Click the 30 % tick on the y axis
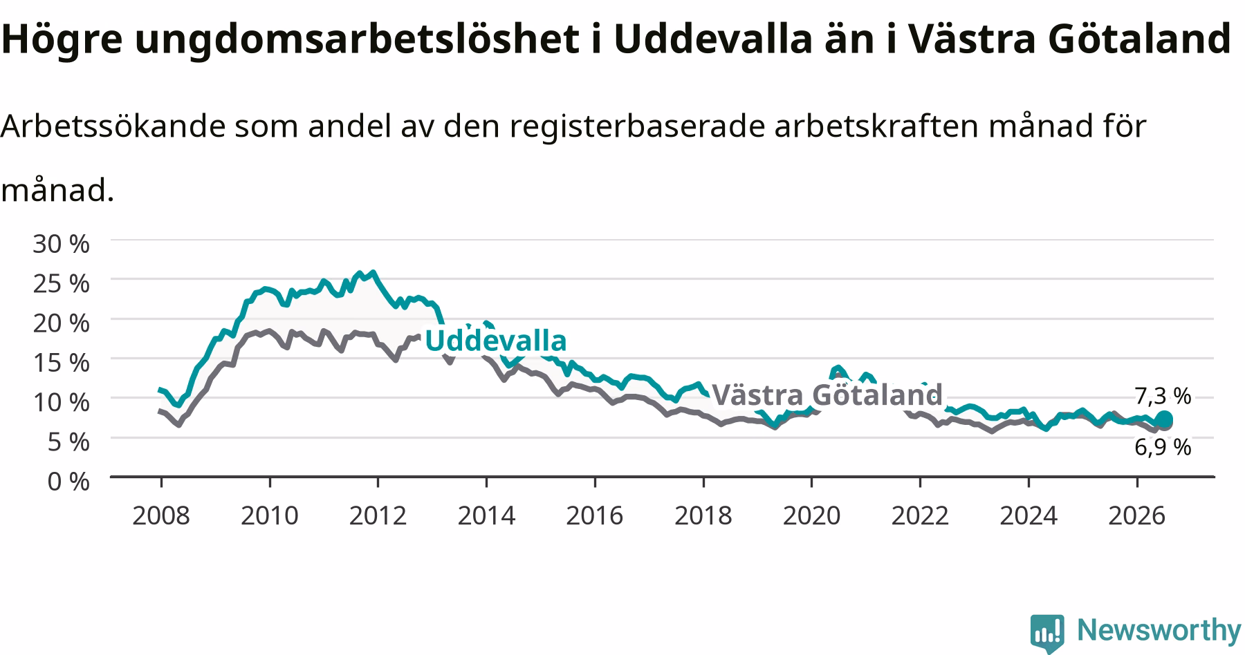pyautogui.click(x=61, y=244)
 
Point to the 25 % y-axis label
pyautogui.click(x=61, y=283)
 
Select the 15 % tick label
pyautogui.click(x=61, y=362)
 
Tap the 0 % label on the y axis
pyautogui.click(x=68, y=481)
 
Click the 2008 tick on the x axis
pyautogui.click(x=160, y=515)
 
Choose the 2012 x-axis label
pyautogui.click(x=378, y=515)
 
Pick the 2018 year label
pyautogui.click(x=703, y=515)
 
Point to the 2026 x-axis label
pyautogui.click(x=1137, y=515)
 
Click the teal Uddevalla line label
pyautogui.click(x=495, y=341)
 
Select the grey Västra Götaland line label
pyautogui.click(x=827, y=395)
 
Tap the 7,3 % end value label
pyautogui.click(x=1163, y=396)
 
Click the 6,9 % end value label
pyautogui.click(x=1163, y=448)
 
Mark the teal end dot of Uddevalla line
pyautogui.click(x=1164, y=419)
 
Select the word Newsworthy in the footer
pyautogui.click(x=1159, y=630)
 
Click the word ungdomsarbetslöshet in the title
pyautogui.click(x=358, y=39)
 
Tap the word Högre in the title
pyautogui.click(x=62, y=39)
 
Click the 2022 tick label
pyautogui.click(x=920, y=515)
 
